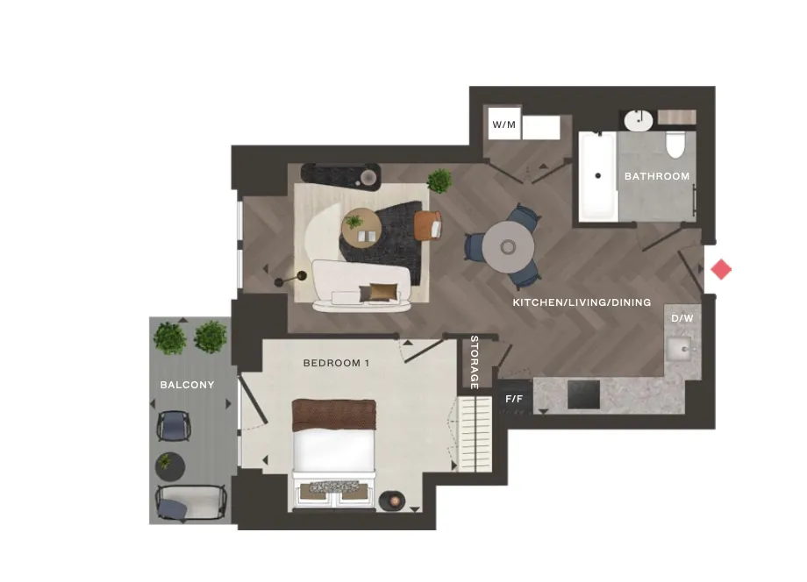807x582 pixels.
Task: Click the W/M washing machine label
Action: tap(503, 124)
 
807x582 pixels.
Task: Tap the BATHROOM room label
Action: tap(657, 176)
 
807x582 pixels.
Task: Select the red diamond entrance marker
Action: tap(721, 269)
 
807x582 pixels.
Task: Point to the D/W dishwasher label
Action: tap(682, 318)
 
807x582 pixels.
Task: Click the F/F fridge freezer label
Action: tap(514, 399)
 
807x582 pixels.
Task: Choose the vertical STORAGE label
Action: tap(475, 363)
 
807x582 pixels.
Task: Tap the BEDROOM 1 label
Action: tap(336, 363)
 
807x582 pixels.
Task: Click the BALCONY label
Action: tap(188, 385)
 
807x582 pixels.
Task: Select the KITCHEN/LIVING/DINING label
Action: tap(582, 302)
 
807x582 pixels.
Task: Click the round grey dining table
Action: tap(508, 247)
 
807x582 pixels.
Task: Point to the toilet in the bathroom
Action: tap(675, 144)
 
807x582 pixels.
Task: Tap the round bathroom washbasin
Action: tap(639, 120)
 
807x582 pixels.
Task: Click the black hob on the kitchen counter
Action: tap(583, 394)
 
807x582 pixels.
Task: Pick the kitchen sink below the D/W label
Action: tap(680, 349)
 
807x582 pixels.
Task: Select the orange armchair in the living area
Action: tap(428, 225)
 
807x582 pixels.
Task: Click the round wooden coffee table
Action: tap(361, 228)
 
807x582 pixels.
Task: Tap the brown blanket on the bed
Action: tap(334, 415)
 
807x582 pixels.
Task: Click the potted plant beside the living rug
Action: tap(439, 181)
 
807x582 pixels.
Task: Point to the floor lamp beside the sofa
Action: tap(291, 280)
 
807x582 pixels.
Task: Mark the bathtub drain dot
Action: tap(598, 176)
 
